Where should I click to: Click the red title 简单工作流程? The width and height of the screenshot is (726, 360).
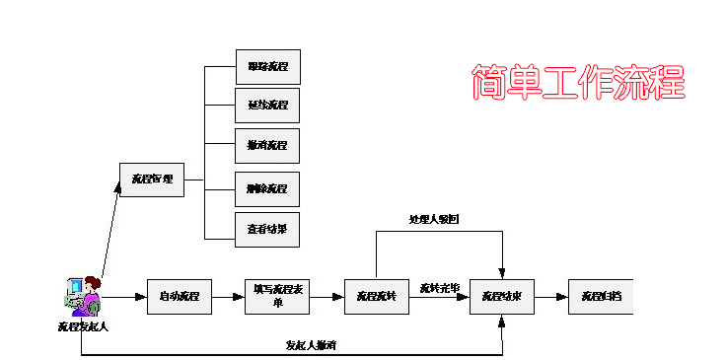pos(578,82)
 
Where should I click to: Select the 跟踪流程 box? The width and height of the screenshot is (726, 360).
pos(267,67)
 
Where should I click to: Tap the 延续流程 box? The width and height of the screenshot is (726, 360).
pos(267,105)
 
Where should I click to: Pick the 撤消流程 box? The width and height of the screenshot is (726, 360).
pos(267,146)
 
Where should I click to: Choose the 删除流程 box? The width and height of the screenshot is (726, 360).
pos(267,188)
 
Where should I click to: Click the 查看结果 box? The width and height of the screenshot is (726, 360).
pos(267,230)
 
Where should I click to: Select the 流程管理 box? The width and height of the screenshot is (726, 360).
pos(152,180)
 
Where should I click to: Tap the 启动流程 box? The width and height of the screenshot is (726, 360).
pos(180,297)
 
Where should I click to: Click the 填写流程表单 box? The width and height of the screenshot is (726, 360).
pos(277,297)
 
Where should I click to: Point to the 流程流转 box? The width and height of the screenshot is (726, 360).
pos(376,297)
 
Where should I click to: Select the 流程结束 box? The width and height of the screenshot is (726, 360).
pos(502,297)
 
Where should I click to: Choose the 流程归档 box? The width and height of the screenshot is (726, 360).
pos(600,297)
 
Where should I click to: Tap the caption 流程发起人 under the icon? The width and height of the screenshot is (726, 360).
pos(82,326)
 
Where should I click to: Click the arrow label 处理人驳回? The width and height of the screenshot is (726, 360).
pos(434,219)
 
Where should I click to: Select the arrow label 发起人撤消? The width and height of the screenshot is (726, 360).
pos(311,345)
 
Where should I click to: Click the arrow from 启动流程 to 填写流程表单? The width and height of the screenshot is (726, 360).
pos(228,297)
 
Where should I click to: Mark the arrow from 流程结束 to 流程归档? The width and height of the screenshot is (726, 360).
pos(550,297)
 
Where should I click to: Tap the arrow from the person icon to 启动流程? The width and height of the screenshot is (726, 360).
pos(123,297)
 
